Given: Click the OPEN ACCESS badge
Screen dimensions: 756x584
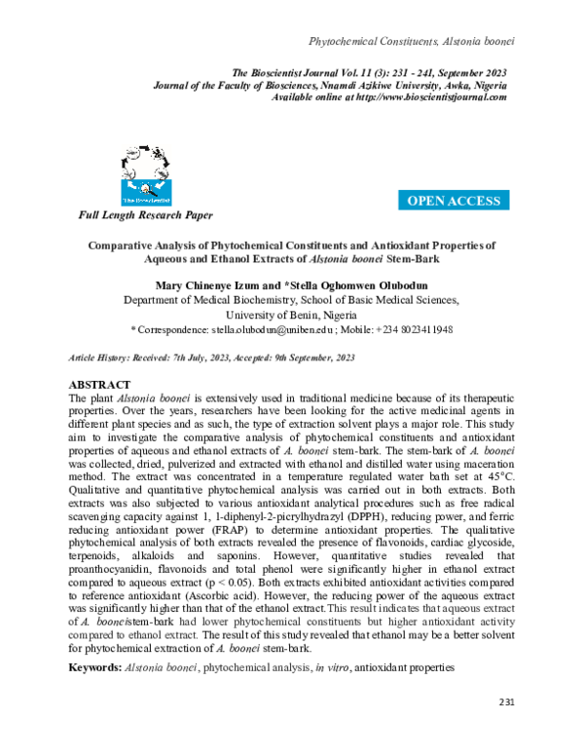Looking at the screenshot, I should pos(454,201).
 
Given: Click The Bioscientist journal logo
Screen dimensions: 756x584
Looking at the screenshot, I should pos(145,172).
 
